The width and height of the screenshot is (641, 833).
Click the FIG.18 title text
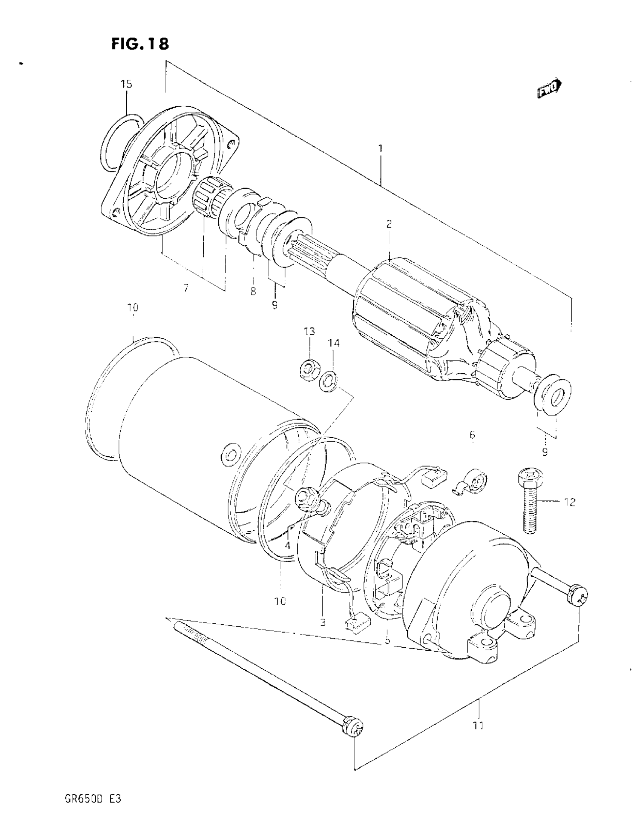[140, 44]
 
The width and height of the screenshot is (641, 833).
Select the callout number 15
[127, 84]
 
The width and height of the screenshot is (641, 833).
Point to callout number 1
[380, 148]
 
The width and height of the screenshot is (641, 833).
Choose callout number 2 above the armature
[389, 224]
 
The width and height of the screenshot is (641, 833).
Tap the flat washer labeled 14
[328, 382]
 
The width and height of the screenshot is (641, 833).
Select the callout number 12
[569, 502]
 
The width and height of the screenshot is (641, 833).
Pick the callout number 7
[186, 288]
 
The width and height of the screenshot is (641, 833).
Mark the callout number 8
[253, 291]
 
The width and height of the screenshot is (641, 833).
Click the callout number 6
[472, 434]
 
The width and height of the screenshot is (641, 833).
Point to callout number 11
[478, 725]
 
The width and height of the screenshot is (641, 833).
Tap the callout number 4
[287, 545]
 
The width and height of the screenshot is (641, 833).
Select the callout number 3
[323, 623]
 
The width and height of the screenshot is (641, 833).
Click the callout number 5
[387, 641]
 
